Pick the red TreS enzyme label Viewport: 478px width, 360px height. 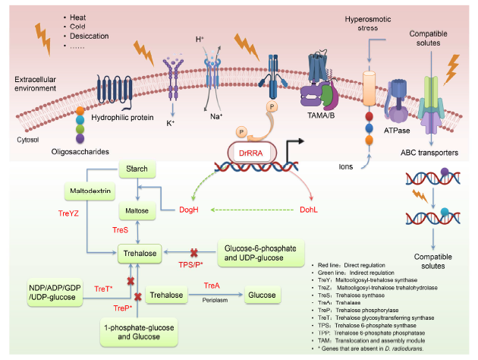click(121, 229)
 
